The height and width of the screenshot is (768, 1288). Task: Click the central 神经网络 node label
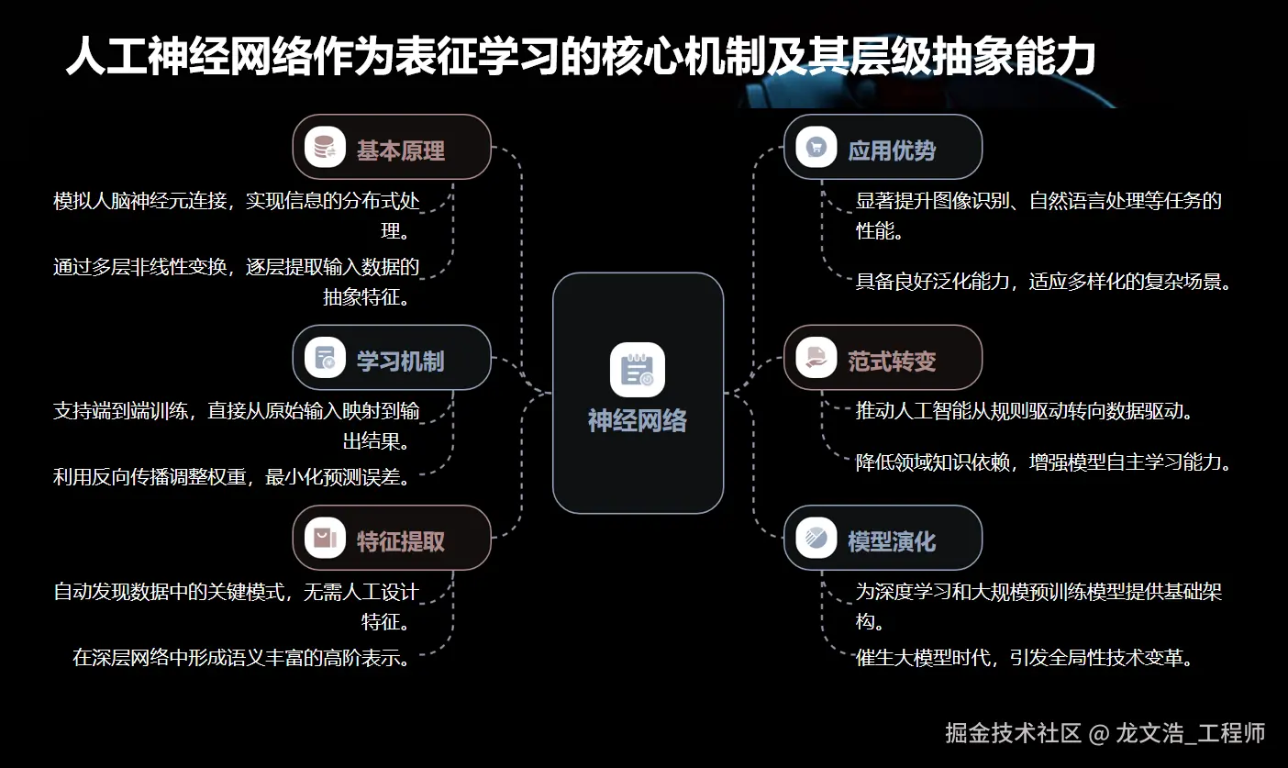point(637,421)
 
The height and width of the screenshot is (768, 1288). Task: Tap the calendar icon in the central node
point(637,369)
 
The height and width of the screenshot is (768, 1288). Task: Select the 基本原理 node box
point(392,147)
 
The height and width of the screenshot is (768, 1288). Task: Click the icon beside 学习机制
point(325,358)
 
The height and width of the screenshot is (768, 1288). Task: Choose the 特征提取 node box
point(392,538)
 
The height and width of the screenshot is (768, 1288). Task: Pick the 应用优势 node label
point(892,150)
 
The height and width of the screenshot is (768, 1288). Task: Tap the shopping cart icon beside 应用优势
point(816,147)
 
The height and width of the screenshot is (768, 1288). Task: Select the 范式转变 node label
point(892,362)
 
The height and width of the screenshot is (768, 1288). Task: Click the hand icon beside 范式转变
point(816,357)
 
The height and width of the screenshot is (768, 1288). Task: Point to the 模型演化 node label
point(892,541)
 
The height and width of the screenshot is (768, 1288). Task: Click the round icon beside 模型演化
point(816,538)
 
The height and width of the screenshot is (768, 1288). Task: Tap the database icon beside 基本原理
point(325,147)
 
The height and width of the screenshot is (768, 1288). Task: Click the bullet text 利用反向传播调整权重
point(230,476)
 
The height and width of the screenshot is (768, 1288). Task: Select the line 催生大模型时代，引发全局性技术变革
point(1024,658)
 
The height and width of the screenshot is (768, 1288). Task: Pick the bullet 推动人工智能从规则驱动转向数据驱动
point(1024,410)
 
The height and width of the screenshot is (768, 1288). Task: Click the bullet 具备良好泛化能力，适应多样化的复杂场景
point(1043,282)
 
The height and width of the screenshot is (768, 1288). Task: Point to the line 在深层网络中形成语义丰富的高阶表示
point(240,658)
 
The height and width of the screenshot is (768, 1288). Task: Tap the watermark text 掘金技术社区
point(1013,732)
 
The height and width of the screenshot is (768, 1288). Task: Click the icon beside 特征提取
point(325,538)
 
